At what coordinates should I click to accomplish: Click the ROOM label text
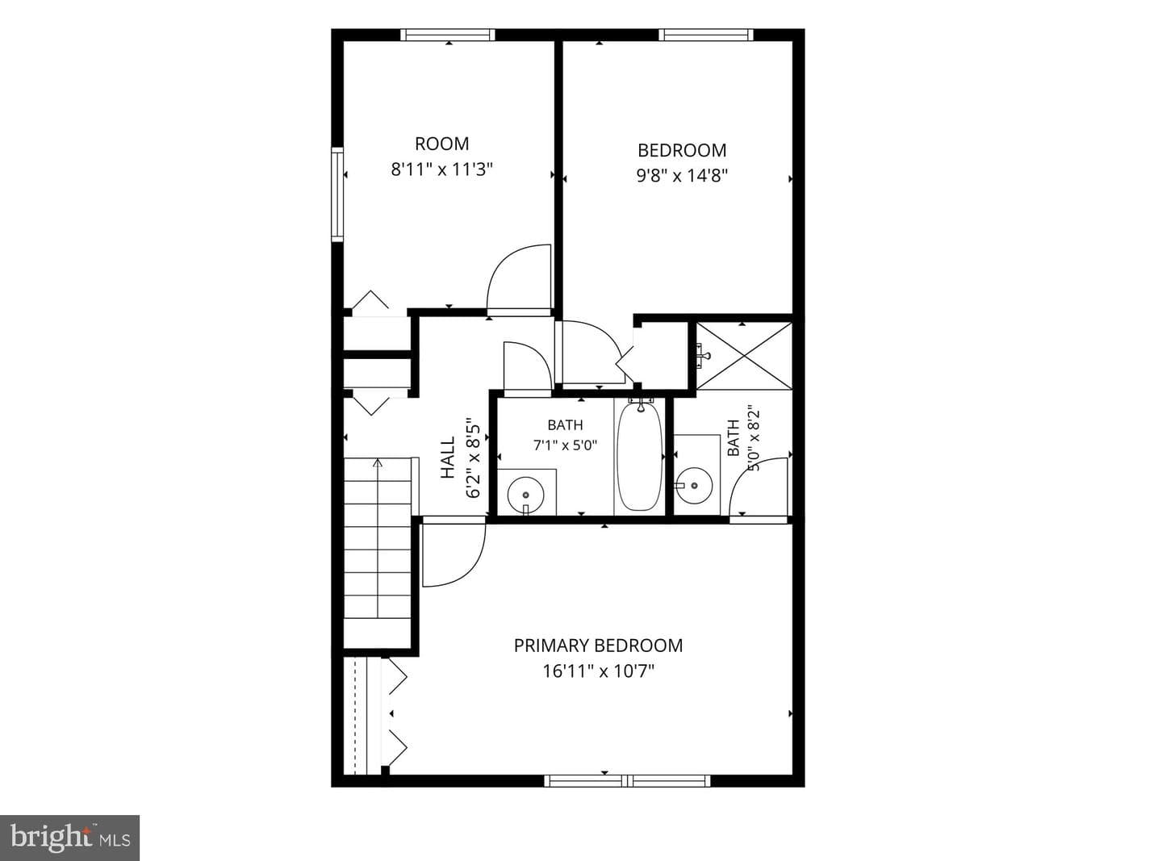[441, 144]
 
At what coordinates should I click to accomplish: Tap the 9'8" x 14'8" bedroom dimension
[682, 176]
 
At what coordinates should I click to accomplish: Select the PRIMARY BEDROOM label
[598, 646]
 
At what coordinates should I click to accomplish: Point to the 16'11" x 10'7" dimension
[599, 671]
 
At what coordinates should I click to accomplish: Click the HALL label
[447, 458]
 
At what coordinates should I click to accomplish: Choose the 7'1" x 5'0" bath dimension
[566, 445]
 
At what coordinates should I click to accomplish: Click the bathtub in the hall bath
[639, 456]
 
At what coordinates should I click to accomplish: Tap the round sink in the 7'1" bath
[525, 495]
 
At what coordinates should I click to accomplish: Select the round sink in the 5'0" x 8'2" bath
[694, 485]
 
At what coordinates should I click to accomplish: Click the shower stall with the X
[744, 356]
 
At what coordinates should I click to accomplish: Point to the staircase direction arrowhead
[377, 462]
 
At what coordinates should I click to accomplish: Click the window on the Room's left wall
[337, 194]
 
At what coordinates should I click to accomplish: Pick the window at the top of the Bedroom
[706, 35]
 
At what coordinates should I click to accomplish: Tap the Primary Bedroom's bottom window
[627, 781]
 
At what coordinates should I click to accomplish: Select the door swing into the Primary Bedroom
[454, 554]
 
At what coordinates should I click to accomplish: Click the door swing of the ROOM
[519, 280]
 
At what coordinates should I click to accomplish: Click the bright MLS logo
[70, 838]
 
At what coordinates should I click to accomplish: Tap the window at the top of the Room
[448, 35]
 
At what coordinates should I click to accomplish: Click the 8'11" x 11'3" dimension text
[442, 169]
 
